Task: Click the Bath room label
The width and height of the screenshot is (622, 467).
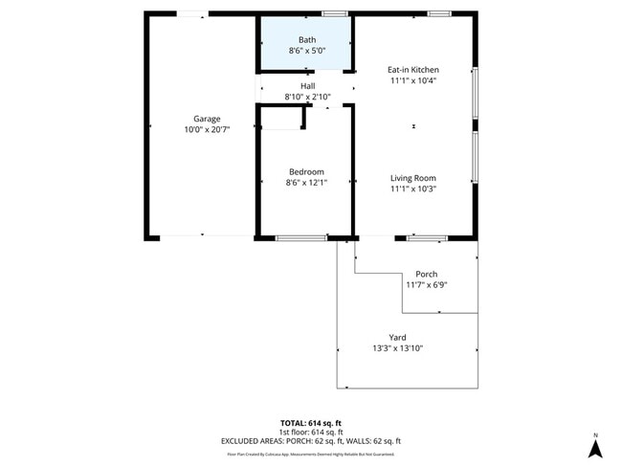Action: point(306,39)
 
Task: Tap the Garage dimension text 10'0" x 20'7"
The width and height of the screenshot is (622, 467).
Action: point(208,129)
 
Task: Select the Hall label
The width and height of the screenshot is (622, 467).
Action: point(306,86)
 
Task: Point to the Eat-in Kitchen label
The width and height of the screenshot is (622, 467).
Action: point(413,70)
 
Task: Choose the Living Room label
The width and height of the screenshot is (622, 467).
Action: point(413,178)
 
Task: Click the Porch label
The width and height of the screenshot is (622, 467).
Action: point(426,274)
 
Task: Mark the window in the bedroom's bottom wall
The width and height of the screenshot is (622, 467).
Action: point(300,236)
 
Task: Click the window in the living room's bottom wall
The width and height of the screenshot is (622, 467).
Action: point(426,236)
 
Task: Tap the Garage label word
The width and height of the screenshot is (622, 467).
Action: point(208,119)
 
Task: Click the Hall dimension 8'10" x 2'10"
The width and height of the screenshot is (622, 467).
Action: point(306,97)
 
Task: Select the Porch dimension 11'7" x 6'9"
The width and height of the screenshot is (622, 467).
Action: point(426,284)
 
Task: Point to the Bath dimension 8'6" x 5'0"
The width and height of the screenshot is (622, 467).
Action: point(306,50)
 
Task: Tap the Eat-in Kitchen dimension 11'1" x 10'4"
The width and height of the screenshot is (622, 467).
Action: point(413,80)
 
